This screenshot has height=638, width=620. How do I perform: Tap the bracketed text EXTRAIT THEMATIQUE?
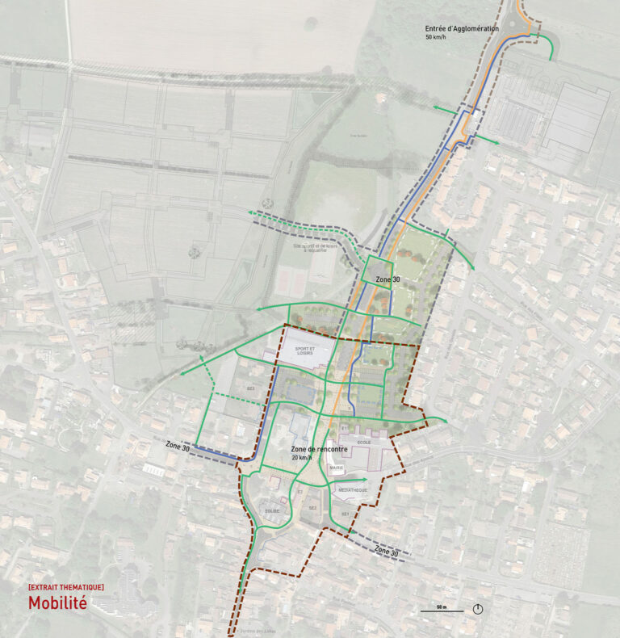click(x=65, y=586)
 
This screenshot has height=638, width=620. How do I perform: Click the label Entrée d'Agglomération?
click(x=462, y=29)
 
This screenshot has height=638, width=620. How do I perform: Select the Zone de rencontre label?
click(x=318, y=448)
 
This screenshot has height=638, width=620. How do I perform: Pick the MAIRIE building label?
click(x=337, y=468)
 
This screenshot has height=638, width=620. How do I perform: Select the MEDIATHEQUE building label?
click(x=352, y=490)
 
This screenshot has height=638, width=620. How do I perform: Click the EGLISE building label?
click(x=271, y=510)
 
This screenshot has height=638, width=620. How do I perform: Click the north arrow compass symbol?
click(x=478, y=609)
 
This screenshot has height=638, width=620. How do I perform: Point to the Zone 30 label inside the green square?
click(x=387, y=279)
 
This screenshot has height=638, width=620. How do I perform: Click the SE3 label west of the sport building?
click(x=251, y=388)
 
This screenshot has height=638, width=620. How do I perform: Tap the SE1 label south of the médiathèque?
click(x=345, y=514)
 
